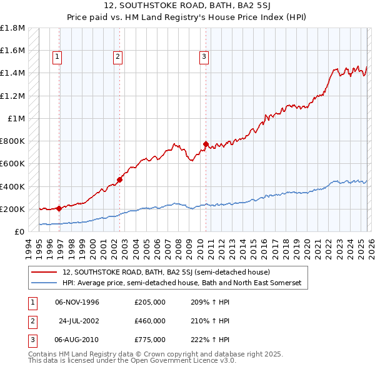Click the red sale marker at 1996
pyautogui.click(x=59, y=208)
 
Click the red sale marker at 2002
pyautogui.click(x=119, y=179)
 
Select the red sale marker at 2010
pyautogui.click(x=205, y=144)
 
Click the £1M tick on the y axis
pyautogui.click(x=16, y=118)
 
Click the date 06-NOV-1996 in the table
pyautogui.click(x=77, y=302)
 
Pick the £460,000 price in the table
pyautogui.click(x=150, y=321)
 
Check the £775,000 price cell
pyautogui.click(x=150, y=340)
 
